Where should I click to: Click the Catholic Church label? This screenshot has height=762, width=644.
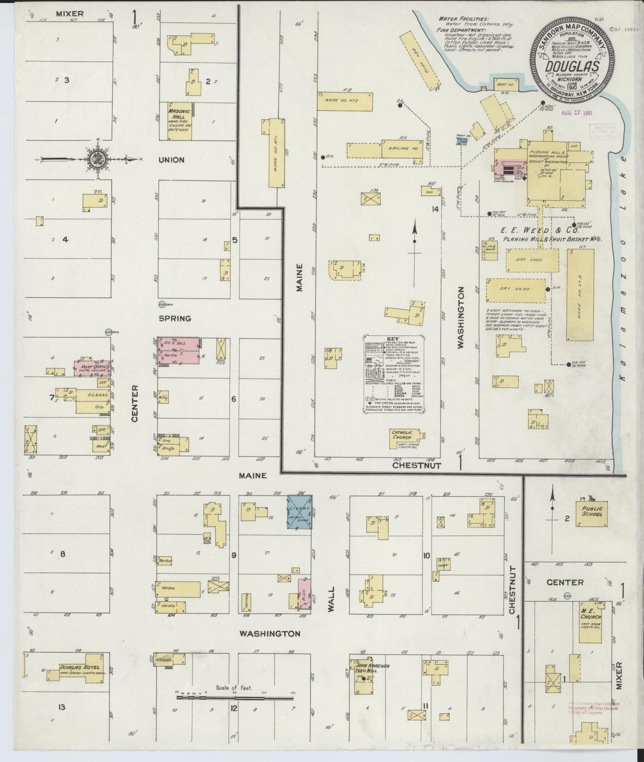(402, 435)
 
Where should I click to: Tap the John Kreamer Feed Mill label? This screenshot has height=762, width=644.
(373, 668)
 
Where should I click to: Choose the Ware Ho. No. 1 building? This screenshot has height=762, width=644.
(276, 153)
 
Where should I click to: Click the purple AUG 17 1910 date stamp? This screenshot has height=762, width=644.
(576, 113)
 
